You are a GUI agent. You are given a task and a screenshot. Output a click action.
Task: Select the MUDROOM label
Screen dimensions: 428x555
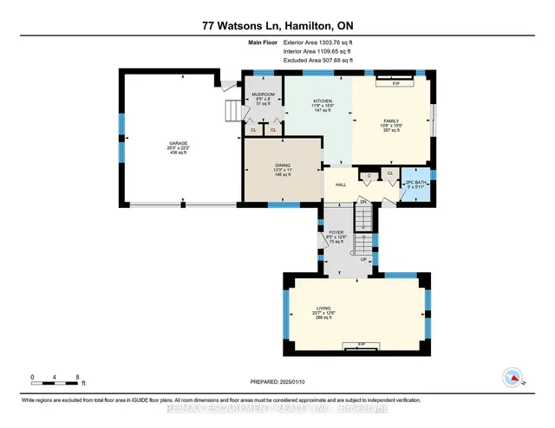tap(263, 94)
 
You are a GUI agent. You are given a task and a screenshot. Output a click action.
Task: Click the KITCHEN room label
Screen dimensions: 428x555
tap(323, 101)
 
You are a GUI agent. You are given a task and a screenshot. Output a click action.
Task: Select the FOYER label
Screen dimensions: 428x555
tap(337, 234)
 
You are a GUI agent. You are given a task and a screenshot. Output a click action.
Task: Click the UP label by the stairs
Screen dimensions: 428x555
tap(363, 259)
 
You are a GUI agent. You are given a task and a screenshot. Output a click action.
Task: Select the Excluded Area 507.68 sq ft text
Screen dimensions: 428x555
tap(317, 61)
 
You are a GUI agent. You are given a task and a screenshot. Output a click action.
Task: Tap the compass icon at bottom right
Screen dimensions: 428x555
tap(515, 376)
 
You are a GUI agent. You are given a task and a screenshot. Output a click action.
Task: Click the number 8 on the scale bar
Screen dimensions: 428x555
tap(78, 378)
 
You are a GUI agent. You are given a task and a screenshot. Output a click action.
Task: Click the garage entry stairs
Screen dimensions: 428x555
tap(232, 112)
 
